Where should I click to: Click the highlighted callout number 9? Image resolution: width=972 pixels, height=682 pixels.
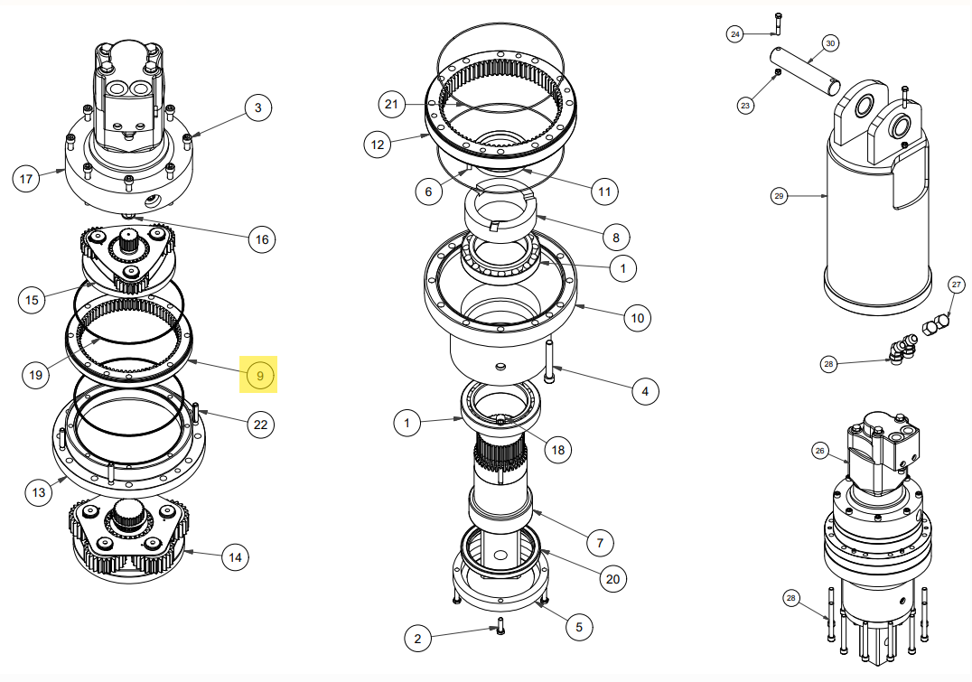260,374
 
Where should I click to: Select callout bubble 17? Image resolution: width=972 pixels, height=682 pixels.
25,179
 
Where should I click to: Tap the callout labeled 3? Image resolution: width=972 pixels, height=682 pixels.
257,108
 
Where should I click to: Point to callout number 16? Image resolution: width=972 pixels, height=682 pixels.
262,239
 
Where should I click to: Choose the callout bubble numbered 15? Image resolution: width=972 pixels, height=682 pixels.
33,299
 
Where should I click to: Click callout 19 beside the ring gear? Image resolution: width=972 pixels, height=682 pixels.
35,374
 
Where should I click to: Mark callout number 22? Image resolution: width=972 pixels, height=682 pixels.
261,425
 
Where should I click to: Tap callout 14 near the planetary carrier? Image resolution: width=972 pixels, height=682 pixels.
235,557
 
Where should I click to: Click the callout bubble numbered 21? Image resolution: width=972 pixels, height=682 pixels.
390,105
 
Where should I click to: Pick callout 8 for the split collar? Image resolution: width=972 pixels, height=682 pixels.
615,238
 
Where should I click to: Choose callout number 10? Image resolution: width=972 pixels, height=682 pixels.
637,318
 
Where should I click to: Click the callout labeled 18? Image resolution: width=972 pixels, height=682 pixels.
558,450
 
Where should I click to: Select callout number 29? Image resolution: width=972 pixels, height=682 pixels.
779,195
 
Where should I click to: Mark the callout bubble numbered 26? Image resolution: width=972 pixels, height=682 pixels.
820,450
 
